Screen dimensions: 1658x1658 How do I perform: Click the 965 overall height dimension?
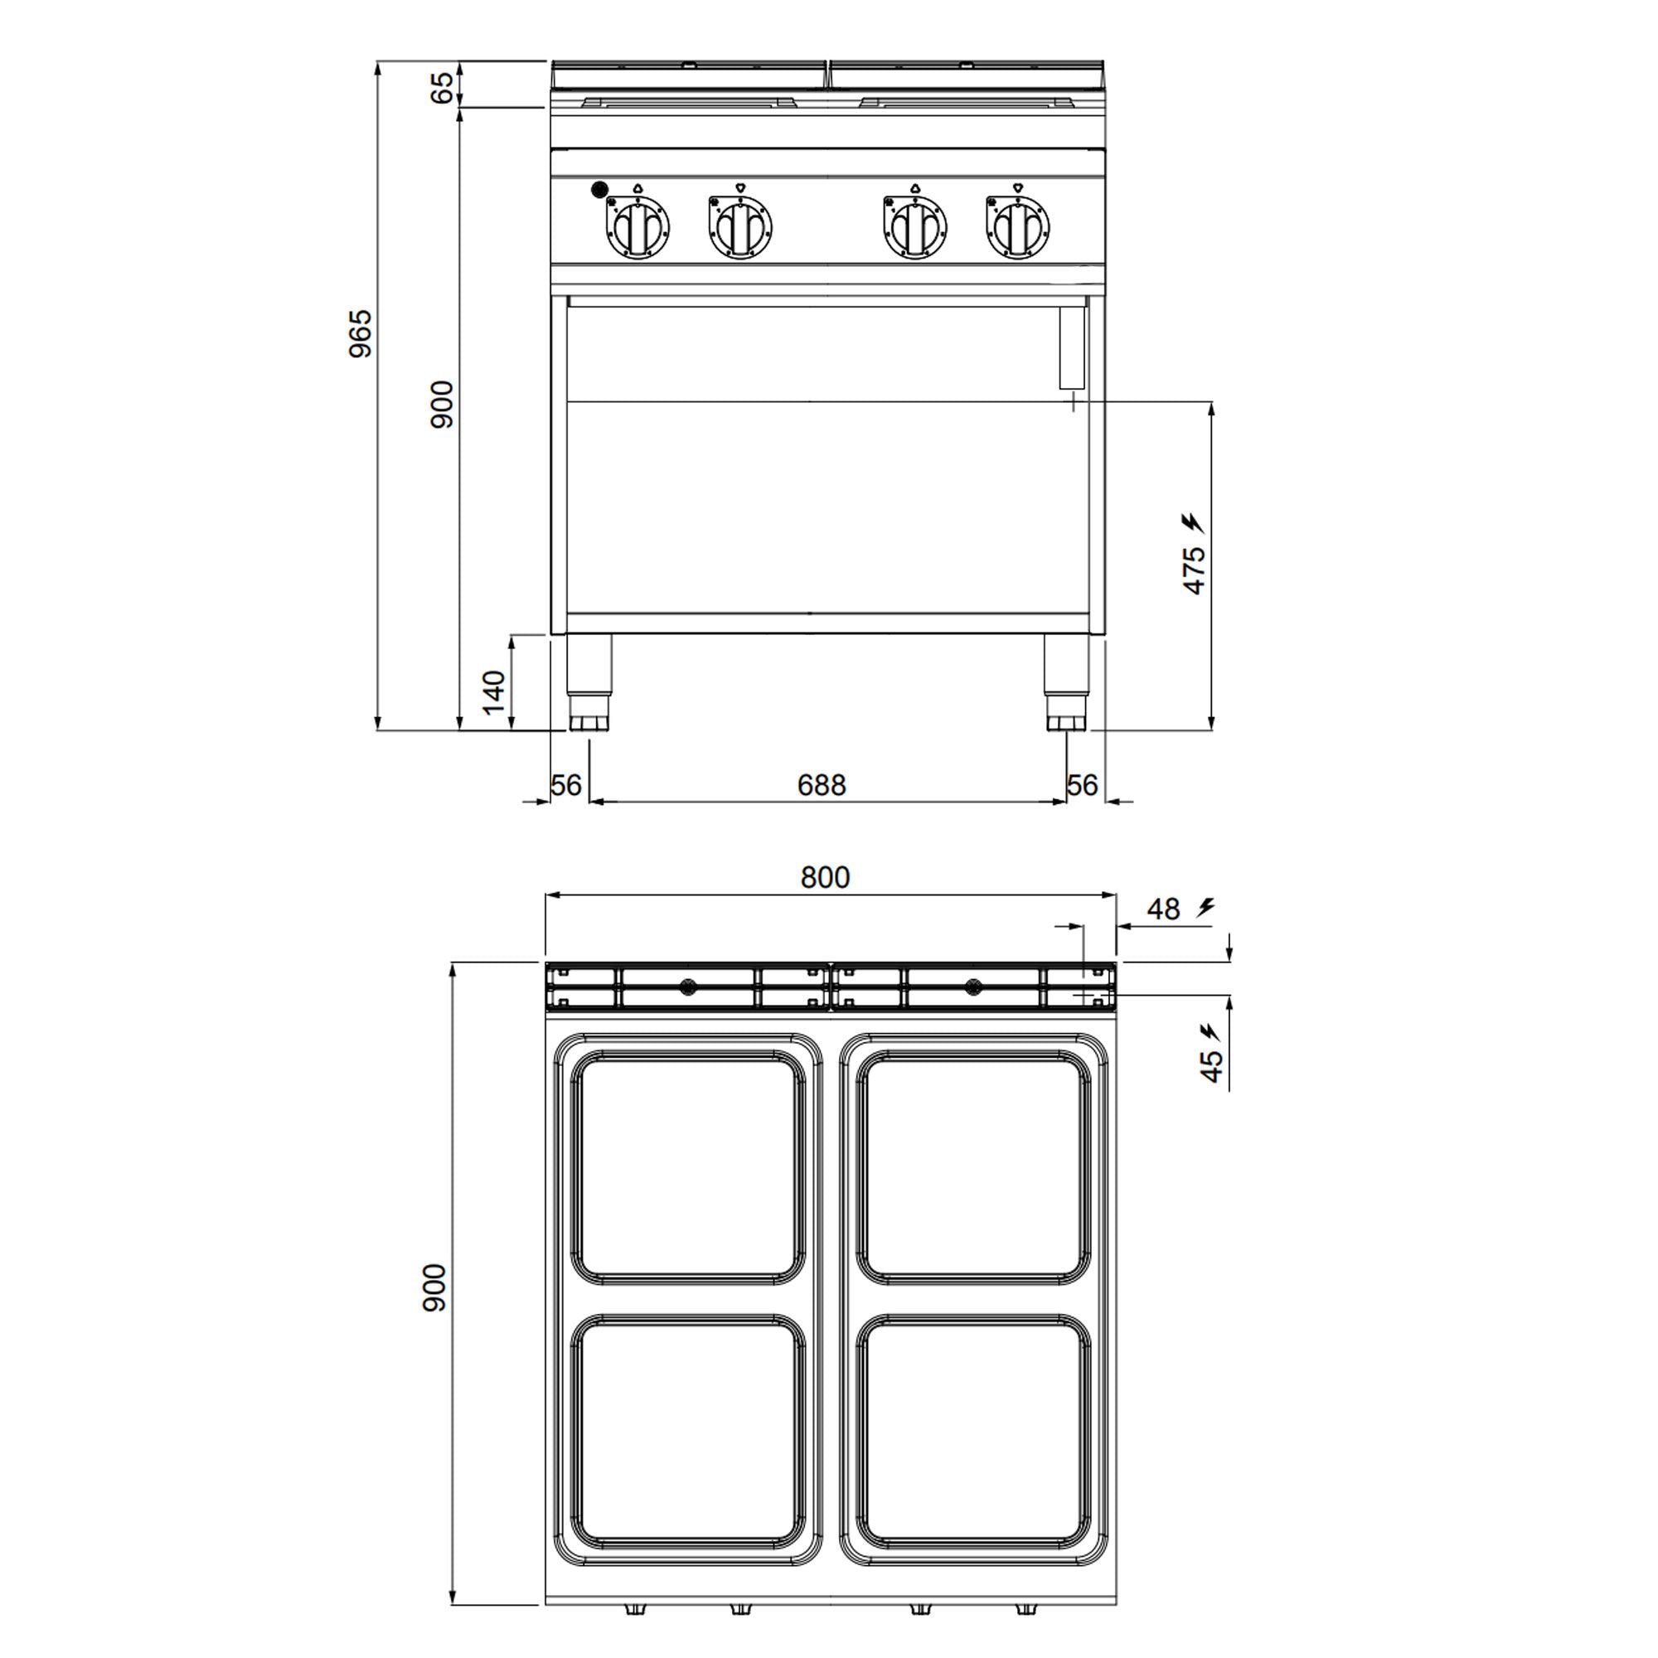[361, 333]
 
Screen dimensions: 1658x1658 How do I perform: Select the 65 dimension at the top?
[441, 87]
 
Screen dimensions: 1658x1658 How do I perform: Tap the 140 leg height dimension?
[493, 691]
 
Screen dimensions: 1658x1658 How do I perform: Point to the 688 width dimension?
[822, 784]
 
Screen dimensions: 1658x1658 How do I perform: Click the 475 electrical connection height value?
[1194, 569]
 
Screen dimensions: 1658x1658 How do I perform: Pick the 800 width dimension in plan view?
[825, 877]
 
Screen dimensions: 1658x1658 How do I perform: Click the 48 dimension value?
[1164, 909]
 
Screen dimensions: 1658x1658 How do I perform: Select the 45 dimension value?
[1210, 1066]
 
